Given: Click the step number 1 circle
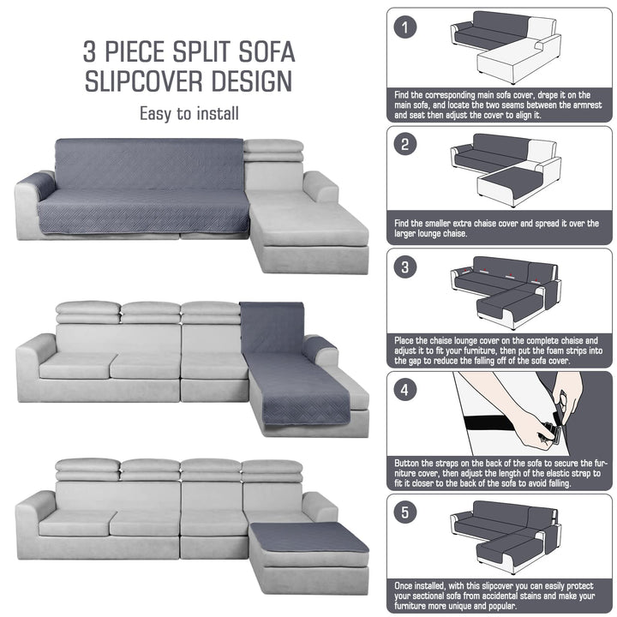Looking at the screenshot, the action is click(404, 27).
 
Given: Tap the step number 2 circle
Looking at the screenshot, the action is click(404, 145).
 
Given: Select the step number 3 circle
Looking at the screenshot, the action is click(404, 267).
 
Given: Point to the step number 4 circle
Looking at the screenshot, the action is click(404, 390).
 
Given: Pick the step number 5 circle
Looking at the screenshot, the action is click(404, 512).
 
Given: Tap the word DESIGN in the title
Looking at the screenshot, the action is click(252, 81).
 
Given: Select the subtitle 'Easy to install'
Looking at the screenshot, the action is click(189, 114).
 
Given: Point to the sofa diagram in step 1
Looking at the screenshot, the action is click(506, 47).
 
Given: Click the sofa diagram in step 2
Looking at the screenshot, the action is click(506, 170).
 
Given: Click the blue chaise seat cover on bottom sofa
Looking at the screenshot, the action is click(308, 537).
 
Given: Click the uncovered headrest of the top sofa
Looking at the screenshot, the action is click(273, 150).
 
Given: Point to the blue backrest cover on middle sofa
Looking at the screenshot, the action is click(272, 327).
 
